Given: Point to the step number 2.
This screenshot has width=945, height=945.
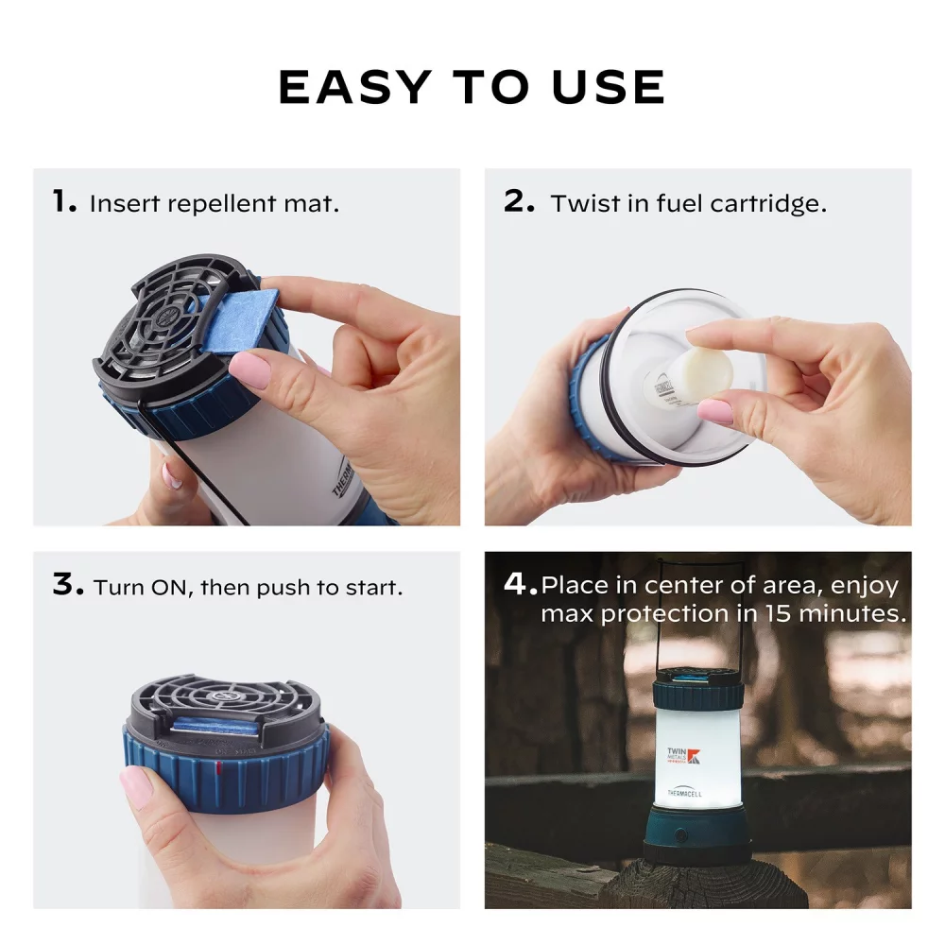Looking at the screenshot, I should tap(520, 201).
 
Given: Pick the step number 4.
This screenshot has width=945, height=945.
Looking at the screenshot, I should tap(520, 584).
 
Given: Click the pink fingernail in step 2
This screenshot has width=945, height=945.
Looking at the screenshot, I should tap(715, 411).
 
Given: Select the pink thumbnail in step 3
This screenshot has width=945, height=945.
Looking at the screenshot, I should tap(137, 786).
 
